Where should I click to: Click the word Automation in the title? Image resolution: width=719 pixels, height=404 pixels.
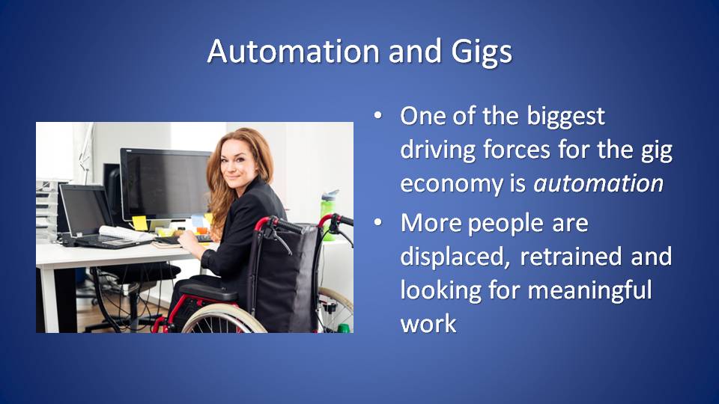point(293,51)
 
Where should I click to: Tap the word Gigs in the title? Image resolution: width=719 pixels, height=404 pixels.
point(481,52)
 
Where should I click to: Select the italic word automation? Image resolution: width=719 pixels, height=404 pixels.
point(598,183)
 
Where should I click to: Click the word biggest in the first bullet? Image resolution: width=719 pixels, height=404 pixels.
point(566,117)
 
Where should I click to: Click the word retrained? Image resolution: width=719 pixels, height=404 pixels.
point(571,256)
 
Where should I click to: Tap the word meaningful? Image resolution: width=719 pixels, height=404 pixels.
point(589,291)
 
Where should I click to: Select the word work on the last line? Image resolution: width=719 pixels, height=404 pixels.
point(428,323)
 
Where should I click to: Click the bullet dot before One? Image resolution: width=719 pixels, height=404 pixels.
point(377,116)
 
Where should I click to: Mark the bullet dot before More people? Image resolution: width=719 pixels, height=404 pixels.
point(377,223)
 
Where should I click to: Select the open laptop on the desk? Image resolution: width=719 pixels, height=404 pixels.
point(97,217)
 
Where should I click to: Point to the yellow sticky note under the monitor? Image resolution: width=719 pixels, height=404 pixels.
point(139,223)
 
